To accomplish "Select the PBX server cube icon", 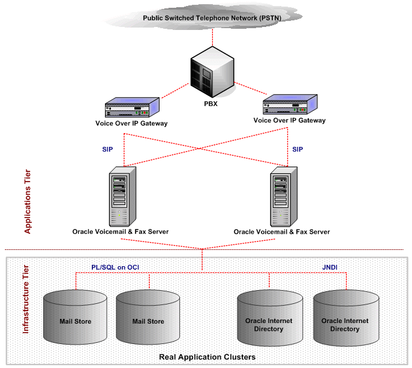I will [211, 71].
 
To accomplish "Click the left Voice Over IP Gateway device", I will [131, 108].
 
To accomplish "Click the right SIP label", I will [297, 149].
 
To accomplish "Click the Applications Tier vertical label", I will [27, 201].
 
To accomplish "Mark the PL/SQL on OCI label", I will [110, 267].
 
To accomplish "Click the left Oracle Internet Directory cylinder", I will [269, 321].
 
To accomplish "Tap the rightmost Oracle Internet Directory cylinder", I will [345, 321].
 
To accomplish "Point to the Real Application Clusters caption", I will [207, 357].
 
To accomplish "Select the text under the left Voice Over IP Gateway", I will [131, 123].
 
